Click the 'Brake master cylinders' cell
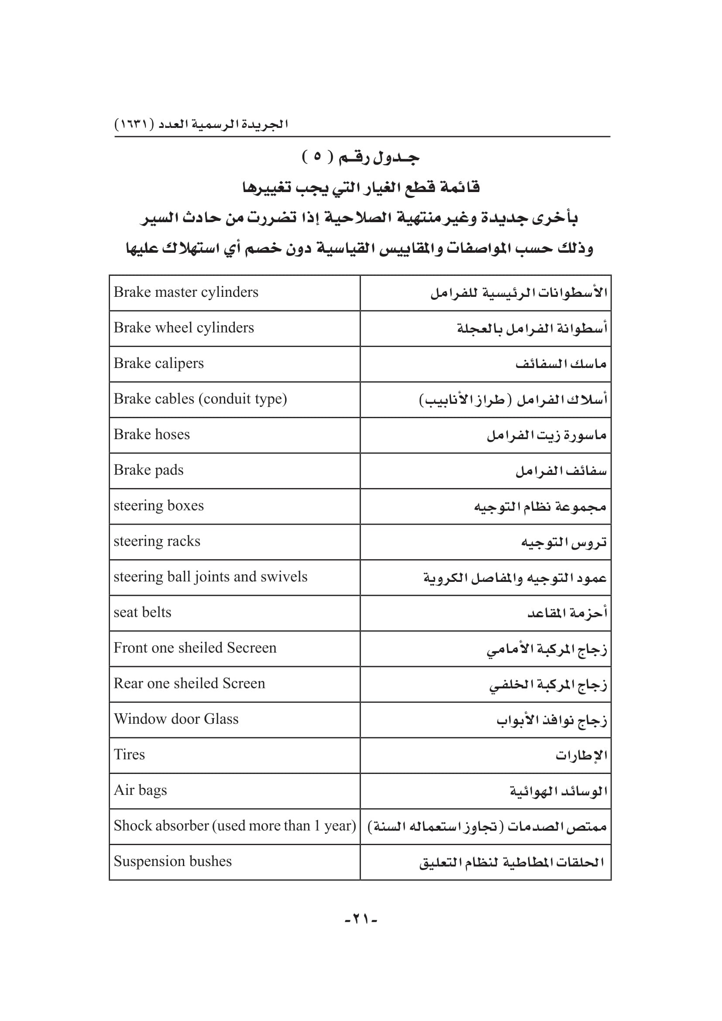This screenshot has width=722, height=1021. (x=186, y=292)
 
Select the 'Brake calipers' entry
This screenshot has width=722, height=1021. (x=159, y=363)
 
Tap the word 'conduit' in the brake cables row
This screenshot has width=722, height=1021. (x=228, y=399)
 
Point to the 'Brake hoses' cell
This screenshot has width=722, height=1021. (x=151, y=434)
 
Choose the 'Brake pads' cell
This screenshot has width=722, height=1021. (x=148, y=470)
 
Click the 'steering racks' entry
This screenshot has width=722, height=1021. (x=157, y=541)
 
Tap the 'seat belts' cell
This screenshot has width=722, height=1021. (x=142, y=612)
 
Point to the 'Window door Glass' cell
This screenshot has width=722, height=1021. (x=176, y=719)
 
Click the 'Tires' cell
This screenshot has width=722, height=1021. (x=129, y=755)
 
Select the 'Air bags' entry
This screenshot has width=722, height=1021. (x=141, y=790)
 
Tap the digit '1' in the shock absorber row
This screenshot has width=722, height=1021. (x=317, y=826)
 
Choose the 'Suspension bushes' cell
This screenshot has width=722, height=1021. (x=172, y=861)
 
